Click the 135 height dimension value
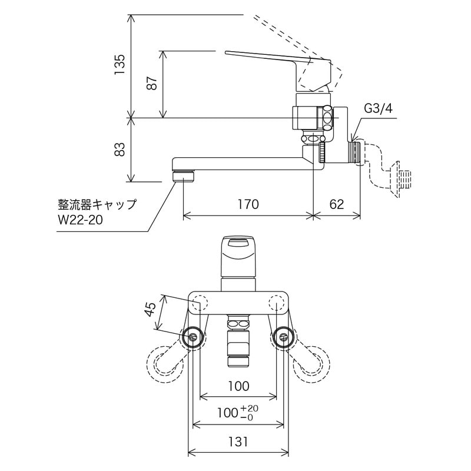120,64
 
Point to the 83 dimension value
120,150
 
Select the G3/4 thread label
377,108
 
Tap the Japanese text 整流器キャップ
97,205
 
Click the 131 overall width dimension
238,441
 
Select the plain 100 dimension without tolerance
238,386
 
